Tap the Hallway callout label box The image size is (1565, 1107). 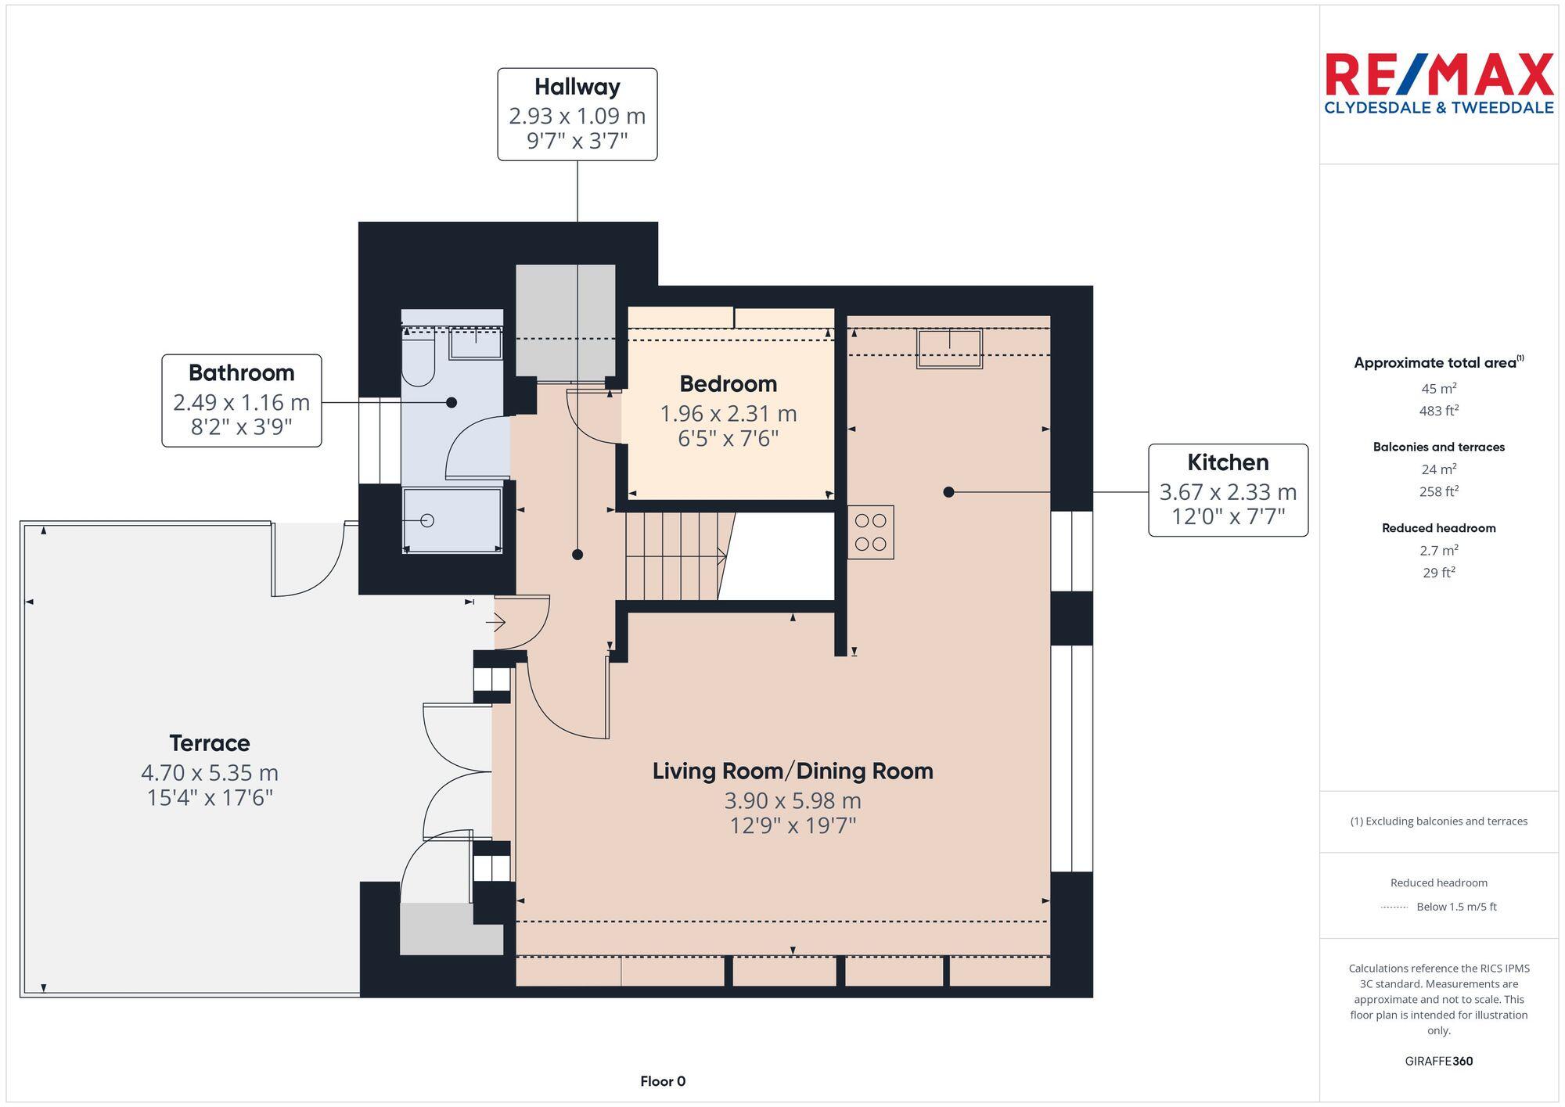click(x=577, y=114)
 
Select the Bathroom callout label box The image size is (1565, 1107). click(x=241, y=401)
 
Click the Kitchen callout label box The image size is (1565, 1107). click(x=1228, y=491)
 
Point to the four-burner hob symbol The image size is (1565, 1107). click(x=870, y=532)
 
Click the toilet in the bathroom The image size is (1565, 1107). click(x=418, y=362)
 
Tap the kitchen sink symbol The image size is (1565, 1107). click(x=949, y=348)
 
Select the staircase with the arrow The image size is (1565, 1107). click(x=675, y=556)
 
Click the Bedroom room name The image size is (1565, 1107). click(x=728, y=384)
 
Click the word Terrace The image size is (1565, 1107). click(x=210, y=743)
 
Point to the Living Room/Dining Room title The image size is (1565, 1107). click(x=793, y=771)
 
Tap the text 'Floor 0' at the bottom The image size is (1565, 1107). click(x=663, y=1081)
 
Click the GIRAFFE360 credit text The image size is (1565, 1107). click(x=1438, y=1062)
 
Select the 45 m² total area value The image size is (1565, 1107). click(x=1438, y=389)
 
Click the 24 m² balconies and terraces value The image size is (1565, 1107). click(x=1438, y=469)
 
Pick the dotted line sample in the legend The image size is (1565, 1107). click(x=1394, y=908)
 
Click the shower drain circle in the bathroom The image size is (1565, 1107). click(x=427, y=520)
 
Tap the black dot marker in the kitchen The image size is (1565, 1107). click(x=948, y=492)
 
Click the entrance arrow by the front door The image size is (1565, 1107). click(x=496, y=623)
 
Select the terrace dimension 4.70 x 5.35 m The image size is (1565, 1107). click(x=210, y=773)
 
